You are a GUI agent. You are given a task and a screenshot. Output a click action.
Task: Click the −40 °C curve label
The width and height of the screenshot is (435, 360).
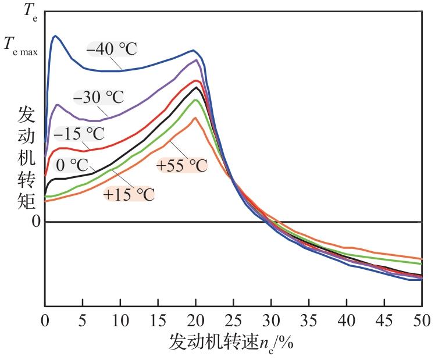point(112,48)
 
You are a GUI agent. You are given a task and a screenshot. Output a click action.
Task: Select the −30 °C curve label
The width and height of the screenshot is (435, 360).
point(99,97)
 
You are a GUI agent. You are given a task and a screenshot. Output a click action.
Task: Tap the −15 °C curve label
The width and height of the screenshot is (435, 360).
point(79,133)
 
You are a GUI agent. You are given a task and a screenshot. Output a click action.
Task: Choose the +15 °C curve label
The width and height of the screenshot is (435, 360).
point(129,194)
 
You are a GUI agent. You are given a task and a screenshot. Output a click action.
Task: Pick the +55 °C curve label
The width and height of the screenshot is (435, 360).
point(181,166)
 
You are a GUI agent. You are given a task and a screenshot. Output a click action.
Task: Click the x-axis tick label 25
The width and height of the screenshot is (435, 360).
point(233,319)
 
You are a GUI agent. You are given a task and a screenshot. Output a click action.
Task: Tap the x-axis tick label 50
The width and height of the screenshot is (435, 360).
point(422,319)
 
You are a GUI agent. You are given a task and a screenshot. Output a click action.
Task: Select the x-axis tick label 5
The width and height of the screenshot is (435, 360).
point(82,319)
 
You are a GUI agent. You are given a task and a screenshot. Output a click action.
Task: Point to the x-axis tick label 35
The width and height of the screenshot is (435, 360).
point(308,319)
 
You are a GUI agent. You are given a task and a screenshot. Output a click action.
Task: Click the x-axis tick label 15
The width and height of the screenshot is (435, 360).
point(158,319)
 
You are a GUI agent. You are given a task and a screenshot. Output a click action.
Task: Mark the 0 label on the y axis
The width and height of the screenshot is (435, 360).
point(36,222)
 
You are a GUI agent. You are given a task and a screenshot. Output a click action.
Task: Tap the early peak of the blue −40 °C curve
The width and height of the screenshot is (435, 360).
point(55,36)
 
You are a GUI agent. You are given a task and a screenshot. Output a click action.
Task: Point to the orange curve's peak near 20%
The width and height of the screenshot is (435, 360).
point(195,118)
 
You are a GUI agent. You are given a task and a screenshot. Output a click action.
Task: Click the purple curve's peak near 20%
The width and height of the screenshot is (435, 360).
point(196,60)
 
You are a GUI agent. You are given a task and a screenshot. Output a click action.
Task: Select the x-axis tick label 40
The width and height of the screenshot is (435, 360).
point(346,319)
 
